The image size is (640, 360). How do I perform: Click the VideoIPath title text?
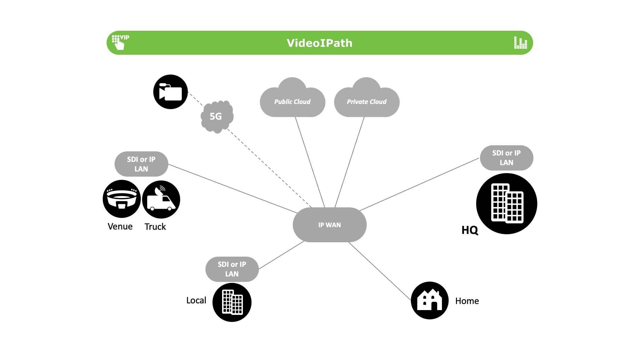319,43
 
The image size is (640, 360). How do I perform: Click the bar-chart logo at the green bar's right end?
520,43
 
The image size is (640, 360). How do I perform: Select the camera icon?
171,92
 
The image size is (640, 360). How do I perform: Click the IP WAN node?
330,225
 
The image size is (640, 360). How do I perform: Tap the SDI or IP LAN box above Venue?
141,164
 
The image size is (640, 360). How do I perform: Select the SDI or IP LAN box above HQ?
506,158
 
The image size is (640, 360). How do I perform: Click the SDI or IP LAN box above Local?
232,269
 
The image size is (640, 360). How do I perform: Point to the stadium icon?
122,199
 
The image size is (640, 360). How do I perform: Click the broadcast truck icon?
161,199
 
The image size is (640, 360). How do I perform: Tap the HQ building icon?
507,204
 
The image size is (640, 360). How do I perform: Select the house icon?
430,300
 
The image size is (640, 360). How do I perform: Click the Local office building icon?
232,302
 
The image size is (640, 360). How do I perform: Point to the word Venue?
120,227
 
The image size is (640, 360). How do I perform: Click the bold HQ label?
470,230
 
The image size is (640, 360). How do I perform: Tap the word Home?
467,301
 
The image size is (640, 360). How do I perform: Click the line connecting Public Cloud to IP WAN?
309,162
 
